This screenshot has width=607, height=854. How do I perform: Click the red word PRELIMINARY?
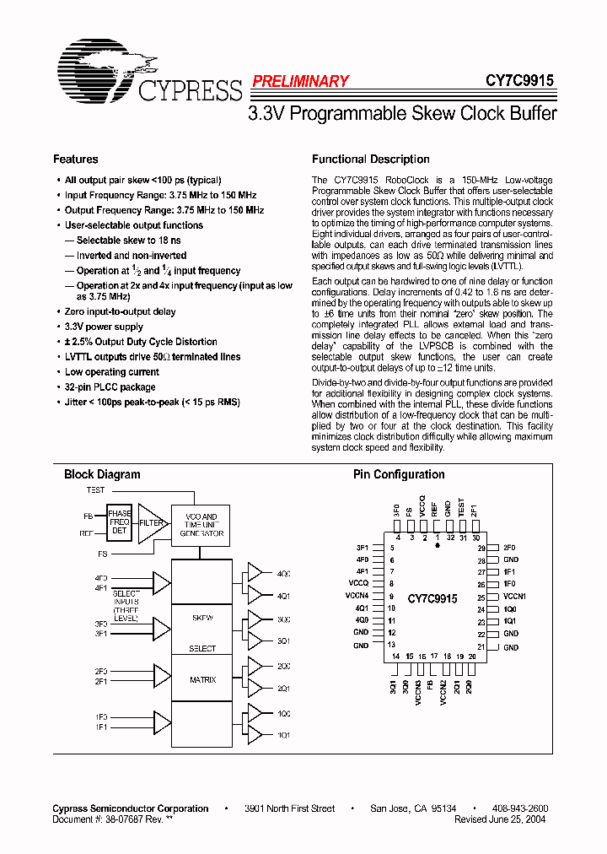[300, 82]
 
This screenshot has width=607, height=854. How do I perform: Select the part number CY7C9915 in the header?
[519, 81]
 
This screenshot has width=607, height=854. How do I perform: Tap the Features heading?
[76, 159]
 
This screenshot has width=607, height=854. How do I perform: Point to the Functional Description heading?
[371, 159]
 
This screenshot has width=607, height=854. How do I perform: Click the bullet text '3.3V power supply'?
[105, 327]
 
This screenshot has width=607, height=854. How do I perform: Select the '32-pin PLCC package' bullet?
[110, 387]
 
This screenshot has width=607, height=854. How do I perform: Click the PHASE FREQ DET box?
[119, 522]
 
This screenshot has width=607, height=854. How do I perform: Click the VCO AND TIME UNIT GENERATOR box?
[201, 525]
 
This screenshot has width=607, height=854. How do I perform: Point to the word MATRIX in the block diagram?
[202, 679]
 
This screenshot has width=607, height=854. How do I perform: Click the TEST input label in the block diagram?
[96, 490]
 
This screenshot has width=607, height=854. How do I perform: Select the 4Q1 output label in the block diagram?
[283, 595]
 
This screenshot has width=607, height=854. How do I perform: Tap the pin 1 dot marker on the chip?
[438, 546]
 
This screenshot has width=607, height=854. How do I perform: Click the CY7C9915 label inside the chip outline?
[432, 598]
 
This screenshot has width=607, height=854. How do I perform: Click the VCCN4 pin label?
[357, 597]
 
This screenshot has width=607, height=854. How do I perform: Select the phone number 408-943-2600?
[520, 808]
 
